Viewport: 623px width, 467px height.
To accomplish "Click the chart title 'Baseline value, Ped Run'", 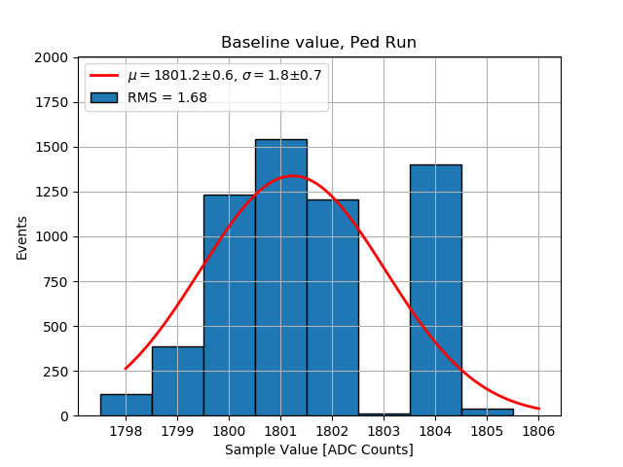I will point(318,43).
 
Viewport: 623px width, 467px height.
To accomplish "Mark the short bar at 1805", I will point(487,412).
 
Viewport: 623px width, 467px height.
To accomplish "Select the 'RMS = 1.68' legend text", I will point(167,97).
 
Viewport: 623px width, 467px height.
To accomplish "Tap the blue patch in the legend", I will point(105,97).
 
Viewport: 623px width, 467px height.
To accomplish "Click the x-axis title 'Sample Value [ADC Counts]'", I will point(318,450).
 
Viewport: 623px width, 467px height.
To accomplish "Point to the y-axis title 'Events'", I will point(22,237).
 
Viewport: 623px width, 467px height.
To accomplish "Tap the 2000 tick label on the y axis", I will point(51,58).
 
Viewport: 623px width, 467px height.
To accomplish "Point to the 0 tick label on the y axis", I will point(63,416).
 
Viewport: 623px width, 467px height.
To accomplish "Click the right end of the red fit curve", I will point(538,409).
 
